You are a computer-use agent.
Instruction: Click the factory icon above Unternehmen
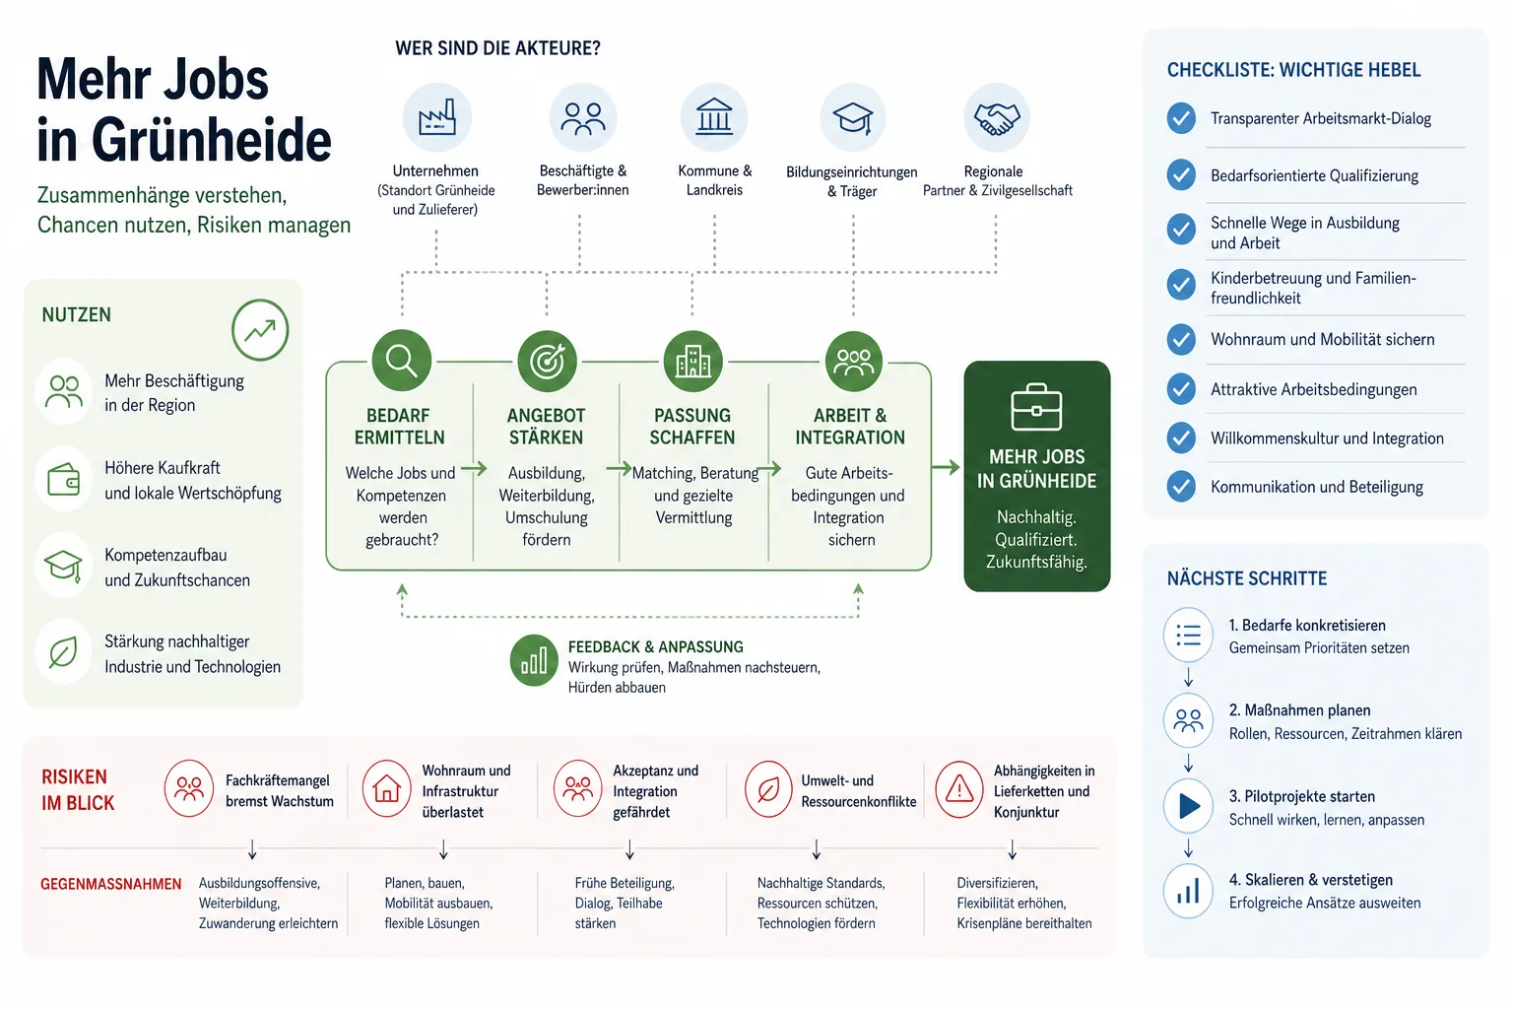[437, 117]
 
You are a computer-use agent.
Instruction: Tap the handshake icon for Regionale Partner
[996, 117]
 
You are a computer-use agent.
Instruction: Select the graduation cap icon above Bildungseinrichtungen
[852, 117]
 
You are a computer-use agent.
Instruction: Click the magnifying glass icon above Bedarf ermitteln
[401, 361]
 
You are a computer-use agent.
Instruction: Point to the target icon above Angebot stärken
[547, 361]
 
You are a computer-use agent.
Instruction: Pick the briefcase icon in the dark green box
[1037, 408]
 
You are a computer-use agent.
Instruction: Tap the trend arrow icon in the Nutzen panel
[260, 330]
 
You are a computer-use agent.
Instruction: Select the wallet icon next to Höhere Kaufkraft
[63, 479]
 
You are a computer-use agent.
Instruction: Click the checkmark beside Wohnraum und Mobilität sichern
[1181, 339]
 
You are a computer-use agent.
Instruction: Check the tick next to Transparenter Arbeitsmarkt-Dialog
[1181, 118]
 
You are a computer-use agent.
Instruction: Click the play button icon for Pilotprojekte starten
[1188, 806]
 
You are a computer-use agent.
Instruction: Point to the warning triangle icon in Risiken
[959, 788]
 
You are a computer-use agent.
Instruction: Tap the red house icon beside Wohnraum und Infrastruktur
[386, 788]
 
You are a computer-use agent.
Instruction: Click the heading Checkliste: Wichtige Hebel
[1293, 70]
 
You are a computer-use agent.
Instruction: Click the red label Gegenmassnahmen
[110, 884]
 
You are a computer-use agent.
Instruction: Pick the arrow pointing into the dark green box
[946, 467]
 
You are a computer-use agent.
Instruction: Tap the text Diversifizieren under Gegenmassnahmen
[997, 883]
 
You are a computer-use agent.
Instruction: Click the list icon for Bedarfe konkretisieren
[1188, 636]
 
